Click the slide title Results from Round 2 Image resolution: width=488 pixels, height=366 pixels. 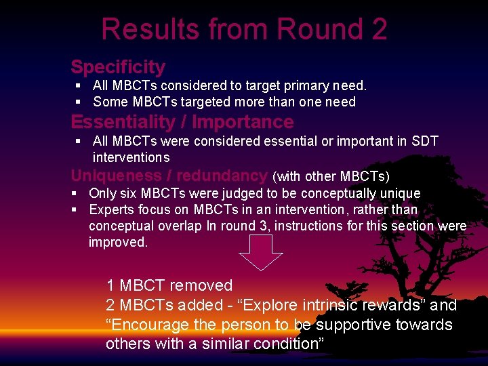244,29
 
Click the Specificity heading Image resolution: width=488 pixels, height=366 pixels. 118,67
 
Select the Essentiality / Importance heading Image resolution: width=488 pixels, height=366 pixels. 182,122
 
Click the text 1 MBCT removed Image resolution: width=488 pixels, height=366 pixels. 169,285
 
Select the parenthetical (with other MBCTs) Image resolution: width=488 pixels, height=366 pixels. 331,177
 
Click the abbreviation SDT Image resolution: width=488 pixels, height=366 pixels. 424,142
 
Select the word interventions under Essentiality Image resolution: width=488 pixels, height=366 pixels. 131,157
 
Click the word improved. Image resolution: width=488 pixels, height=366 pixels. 117,242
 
